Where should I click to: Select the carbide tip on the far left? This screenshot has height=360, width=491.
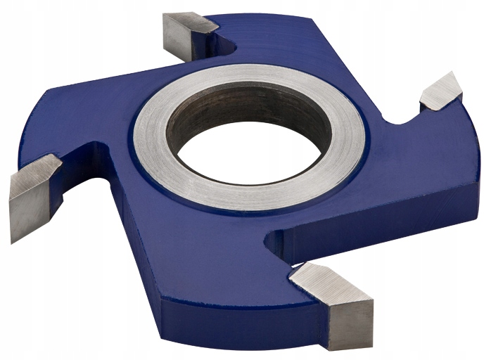coord(32,190)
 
